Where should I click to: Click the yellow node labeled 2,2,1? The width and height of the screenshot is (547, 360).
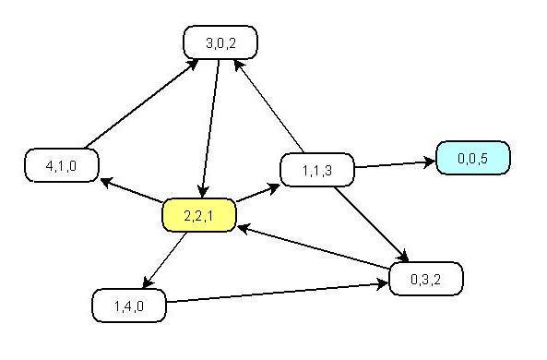point(198,215)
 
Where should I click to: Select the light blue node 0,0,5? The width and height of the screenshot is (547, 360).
point(472,158)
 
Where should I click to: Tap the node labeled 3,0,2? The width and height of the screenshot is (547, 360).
point(220,42)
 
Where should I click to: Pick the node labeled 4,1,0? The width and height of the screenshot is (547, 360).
point(61,165)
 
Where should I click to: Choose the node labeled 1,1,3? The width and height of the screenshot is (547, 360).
point(316,170)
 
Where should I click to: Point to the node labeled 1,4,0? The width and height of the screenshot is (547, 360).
point(128,306)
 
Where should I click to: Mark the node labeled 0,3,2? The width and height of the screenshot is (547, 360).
point(425,278)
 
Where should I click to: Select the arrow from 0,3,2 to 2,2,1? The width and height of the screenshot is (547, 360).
point(314,246)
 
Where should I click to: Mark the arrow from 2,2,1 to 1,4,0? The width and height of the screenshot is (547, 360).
point(164,259)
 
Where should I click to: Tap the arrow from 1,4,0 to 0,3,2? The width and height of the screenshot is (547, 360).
point(277,292)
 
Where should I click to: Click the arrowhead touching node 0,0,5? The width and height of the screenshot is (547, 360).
point(430,162)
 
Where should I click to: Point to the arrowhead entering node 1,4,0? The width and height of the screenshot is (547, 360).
point(142,284)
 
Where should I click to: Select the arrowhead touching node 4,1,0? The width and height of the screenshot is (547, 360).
point(106,181)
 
